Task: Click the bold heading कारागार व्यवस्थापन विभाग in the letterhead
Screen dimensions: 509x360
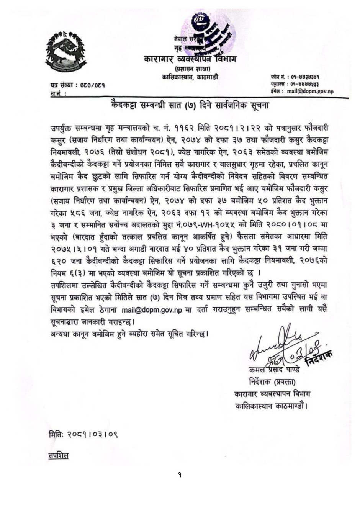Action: coord(190,59)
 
